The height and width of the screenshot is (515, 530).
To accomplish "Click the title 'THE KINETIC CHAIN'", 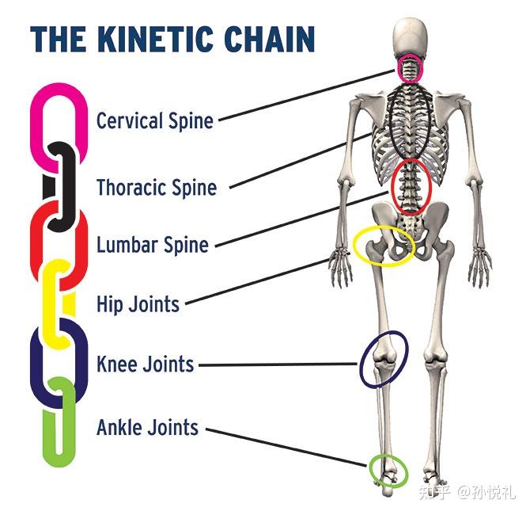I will coord(172,39).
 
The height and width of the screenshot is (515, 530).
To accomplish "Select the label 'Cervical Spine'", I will coord(155,121).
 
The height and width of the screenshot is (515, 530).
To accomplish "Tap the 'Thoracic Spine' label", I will coord(156,188).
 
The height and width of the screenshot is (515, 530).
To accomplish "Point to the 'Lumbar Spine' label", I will coord(153,244).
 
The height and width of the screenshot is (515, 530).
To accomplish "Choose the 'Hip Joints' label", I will coord(138,303).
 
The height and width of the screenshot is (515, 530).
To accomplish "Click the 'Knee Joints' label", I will coord(145,364).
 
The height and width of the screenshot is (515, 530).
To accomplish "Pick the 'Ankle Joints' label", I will coord(147,428).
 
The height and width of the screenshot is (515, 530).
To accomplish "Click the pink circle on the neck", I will coord(411,70).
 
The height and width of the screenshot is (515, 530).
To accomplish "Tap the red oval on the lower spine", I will coord(412,187).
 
